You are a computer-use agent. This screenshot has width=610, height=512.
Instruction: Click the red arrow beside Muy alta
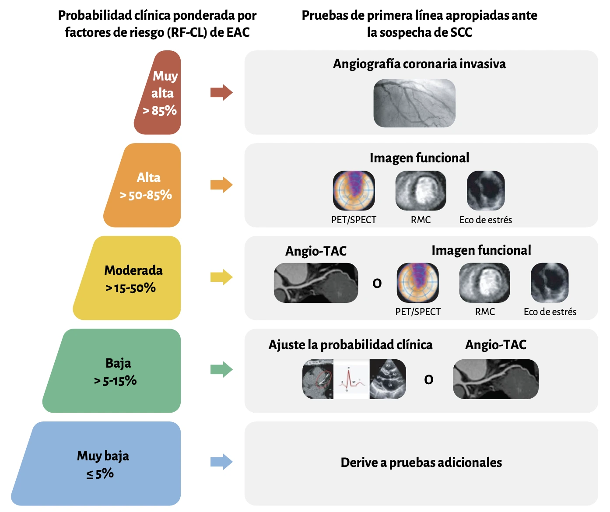click(x=221, y=92)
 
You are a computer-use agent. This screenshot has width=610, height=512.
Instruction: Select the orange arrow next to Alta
click(x=221, y=185)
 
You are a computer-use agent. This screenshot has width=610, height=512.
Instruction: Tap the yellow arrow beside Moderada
click(x=221, y=277)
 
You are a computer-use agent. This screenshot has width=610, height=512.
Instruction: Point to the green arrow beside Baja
click(x=221, y=369)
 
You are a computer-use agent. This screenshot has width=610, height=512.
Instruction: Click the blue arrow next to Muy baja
click(x=221, y=462)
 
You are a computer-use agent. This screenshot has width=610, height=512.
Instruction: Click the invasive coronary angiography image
click(x=414, y=103)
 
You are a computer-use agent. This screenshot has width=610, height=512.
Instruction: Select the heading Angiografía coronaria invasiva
click(x=419, y=64)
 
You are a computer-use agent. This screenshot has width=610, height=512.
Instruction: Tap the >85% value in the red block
click(x=160, y=110)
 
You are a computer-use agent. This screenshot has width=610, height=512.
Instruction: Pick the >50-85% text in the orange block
click(x=146, y=195)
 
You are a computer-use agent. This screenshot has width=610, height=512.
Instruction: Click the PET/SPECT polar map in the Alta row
click(x=354, y=190)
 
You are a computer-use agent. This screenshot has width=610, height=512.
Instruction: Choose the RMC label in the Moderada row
click(x=485, y=312)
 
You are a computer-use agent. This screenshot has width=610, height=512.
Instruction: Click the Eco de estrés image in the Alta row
click(x=486, y=190)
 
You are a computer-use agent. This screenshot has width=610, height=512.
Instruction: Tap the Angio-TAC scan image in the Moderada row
click(x=316, y=283)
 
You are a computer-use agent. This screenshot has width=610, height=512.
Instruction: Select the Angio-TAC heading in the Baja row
click(x=496, y=345)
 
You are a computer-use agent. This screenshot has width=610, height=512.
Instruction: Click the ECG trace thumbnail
click(x=351, y=379)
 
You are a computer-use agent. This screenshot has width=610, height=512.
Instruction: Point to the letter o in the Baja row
click(x=428, y=379)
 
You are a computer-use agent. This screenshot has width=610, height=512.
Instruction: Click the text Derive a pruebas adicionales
click(x=421, y=463)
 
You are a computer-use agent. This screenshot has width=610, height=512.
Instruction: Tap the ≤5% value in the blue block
click(x=100, y=473)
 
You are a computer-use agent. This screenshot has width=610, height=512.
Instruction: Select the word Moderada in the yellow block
click(x=133, y=270)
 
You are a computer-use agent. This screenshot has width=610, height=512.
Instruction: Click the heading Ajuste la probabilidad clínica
click(x=351, y=345)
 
